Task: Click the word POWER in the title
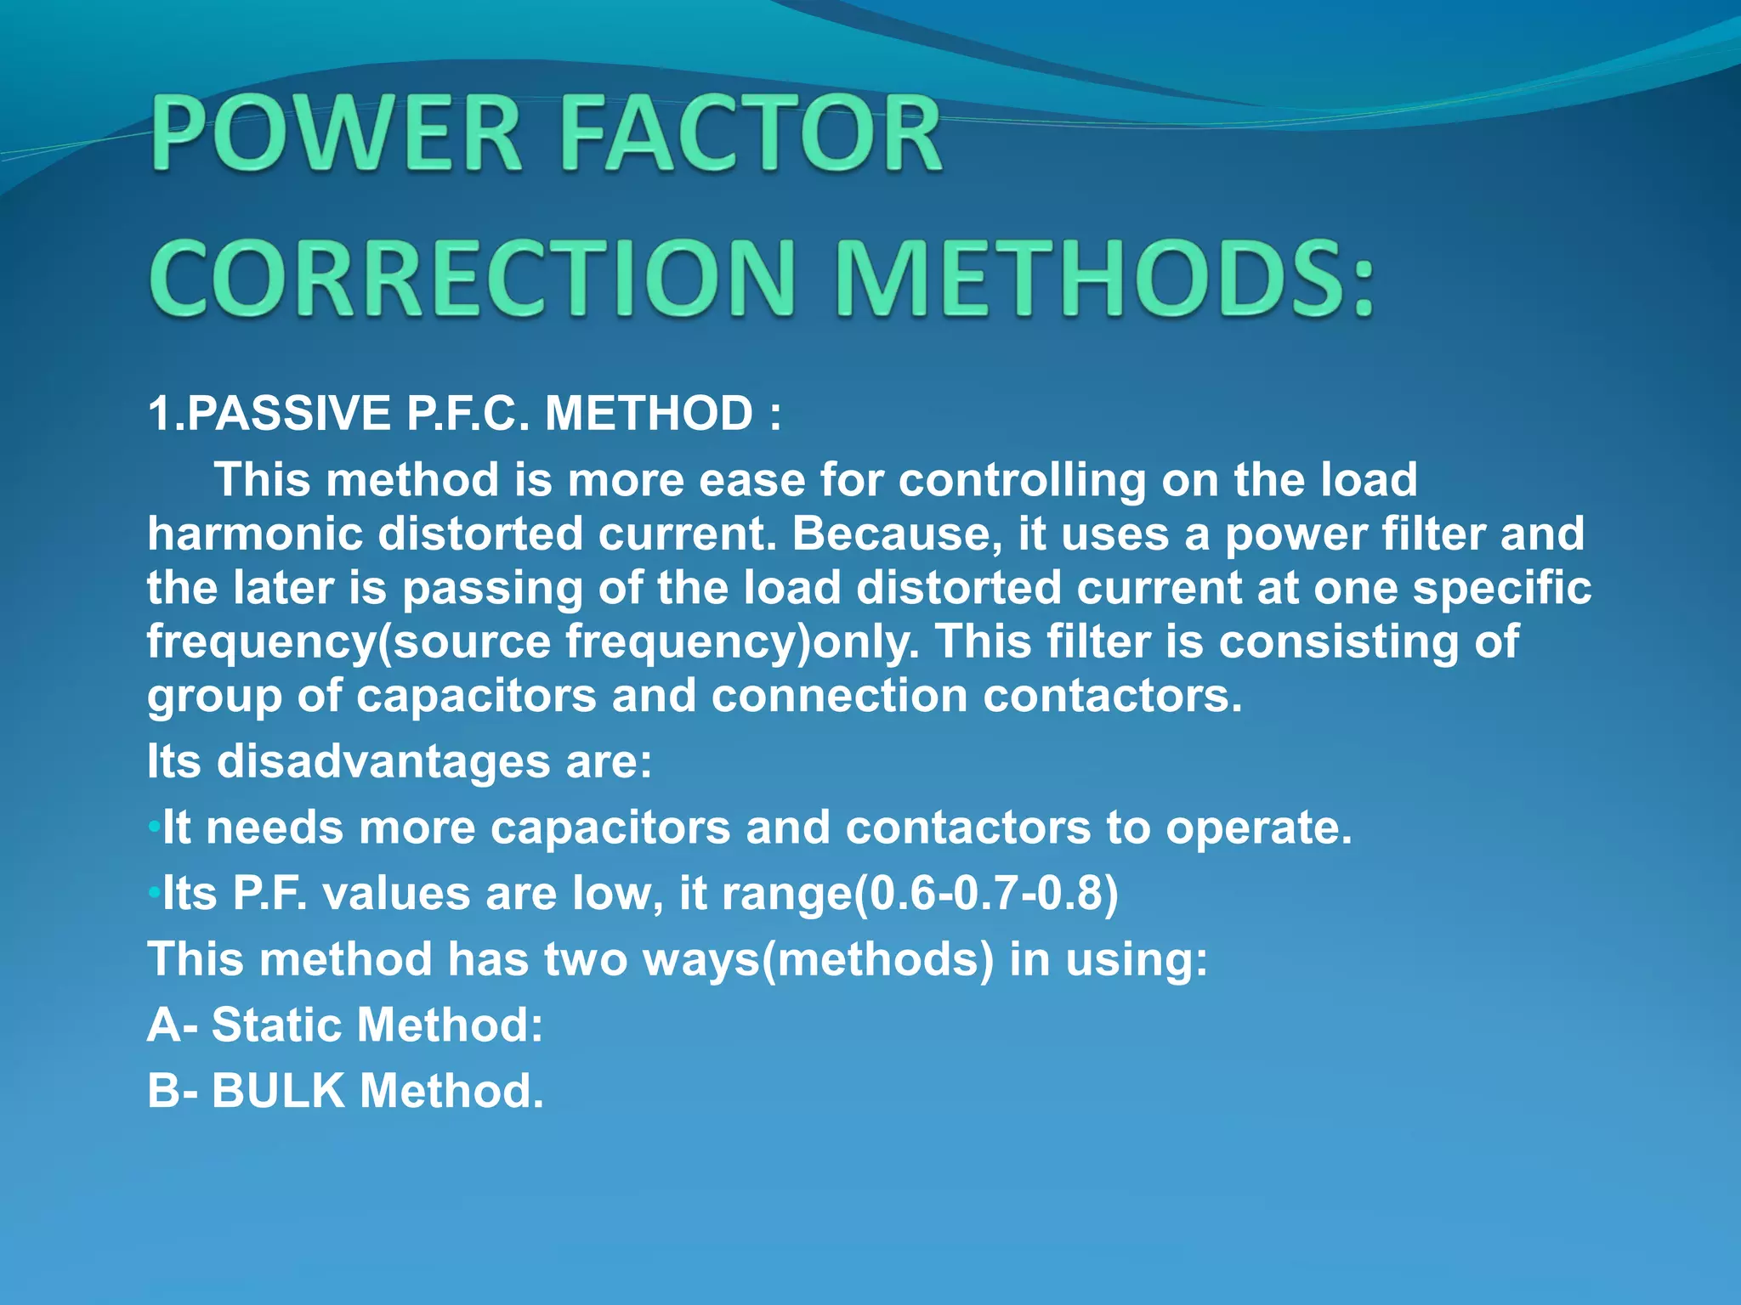(336, 134)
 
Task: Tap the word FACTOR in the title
(751, 134)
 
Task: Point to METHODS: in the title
(1105, 279)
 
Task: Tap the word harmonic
(255, 534)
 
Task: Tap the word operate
(1258, 828)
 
